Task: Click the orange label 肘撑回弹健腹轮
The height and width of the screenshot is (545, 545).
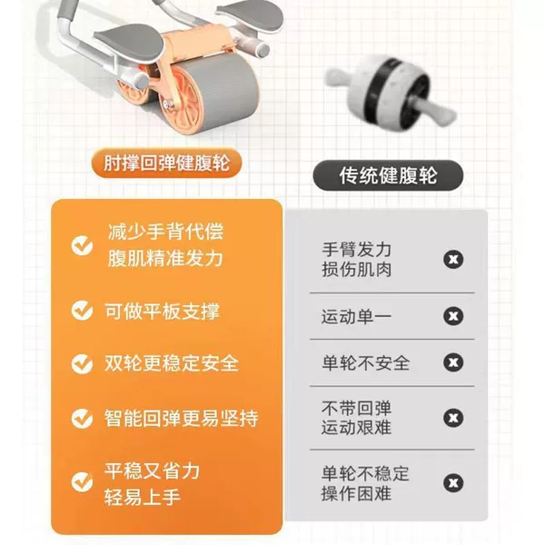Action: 166,163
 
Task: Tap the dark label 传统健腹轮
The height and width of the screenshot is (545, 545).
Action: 388,175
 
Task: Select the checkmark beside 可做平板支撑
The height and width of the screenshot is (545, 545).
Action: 82,311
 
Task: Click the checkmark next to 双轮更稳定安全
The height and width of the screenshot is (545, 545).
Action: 82,363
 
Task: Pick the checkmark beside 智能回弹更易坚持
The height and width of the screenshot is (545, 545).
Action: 82,418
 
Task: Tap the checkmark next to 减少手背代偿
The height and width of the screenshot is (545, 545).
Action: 82,245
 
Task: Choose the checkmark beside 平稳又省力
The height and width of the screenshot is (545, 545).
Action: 82,481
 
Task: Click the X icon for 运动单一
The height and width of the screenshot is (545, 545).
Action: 453,316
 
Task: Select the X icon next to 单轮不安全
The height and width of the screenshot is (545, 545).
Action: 453,362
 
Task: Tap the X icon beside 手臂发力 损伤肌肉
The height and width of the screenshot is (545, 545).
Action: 453,259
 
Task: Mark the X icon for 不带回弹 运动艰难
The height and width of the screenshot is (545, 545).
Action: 453,418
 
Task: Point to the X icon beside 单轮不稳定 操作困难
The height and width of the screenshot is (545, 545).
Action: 453,483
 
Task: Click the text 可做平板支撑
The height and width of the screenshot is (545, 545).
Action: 163,311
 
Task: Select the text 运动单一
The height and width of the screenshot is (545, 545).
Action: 356,317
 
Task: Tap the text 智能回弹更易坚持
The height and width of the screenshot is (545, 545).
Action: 182,418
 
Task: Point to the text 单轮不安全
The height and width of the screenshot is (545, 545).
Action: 366,362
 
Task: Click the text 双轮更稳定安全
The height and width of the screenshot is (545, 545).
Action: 172,363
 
